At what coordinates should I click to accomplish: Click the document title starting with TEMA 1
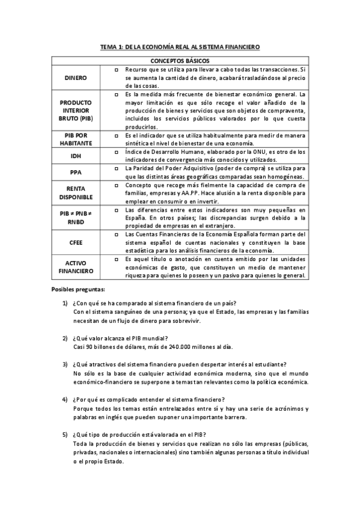[x=180, y=47]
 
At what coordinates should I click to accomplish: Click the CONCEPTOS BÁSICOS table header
[x=180, y=61]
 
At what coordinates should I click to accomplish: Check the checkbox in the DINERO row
[x=116, y=70]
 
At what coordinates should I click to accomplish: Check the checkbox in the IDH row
[x=116, y=153]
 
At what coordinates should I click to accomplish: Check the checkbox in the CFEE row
[x=116, y=233]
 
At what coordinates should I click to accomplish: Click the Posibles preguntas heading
[x=78, y=289]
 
